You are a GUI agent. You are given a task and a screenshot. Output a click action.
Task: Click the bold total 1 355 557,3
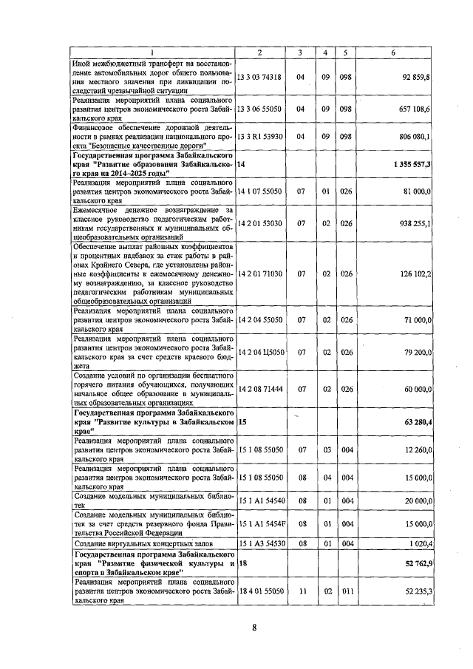[412, 163]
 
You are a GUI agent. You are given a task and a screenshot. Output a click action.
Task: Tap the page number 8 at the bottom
[253, 628]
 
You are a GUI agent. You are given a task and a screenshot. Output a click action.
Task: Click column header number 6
[393, 52]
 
